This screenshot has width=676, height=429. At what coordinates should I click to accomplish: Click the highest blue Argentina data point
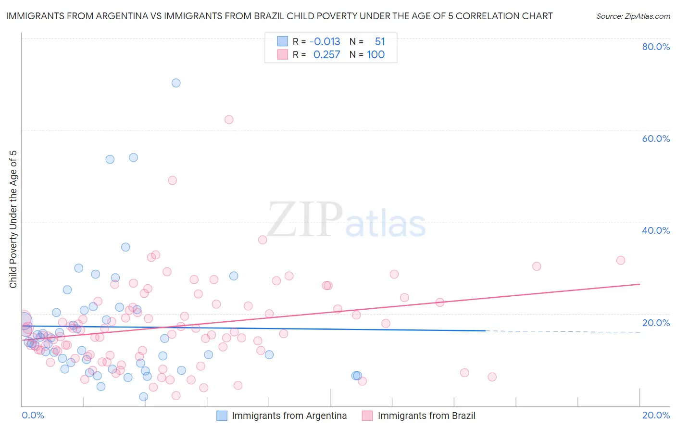click(x=176, y=83)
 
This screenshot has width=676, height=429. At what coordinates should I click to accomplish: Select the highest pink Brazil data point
click(x=229, y=119)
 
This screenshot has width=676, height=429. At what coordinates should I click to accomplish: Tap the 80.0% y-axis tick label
click(x=656, y=47)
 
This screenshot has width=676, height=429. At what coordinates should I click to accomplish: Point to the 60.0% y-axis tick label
click(x=656, y=139)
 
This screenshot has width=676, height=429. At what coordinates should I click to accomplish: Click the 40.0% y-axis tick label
click(x=656, y=230)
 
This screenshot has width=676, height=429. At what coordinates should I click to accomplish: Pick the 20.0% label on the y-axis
click(x=656, y=323)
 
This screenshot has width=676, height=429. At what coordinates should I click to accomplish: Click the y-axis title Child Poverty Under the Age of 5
click(x=13, y=219)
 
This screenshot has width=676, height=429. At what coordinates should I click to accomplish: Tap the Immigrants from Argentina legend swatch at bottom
click(x=222, y=416)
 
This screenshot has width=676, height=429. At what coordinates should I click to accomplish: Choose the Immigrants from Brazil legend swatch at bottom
click(x=367, y=416)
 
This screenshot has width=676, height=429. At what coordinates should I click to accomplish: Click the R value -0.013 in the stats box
click(x=325, y=42)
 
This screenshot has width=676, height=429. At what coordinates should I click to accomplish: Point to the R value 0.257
click(x=326, y=55)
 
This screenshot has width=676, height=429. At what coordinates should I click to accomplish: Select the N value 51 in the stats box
click(x=380, y=42)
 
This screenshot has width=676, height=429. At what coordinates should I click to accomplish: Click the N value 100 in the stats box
click(x=376, y=55)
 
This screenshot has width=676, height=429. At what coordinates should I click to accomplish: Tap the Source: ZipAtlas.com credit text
click(x=633, y=16)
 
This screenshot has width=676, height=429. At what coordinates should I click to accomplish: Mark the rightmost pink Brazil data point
click(x=621, y=260)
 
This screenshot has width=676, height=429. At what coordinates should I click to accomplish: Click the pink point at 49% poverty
click(x=172, y=180)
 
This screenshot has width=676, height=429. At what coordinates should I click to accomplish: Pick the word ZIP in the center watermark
click(x=305, y=220)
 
